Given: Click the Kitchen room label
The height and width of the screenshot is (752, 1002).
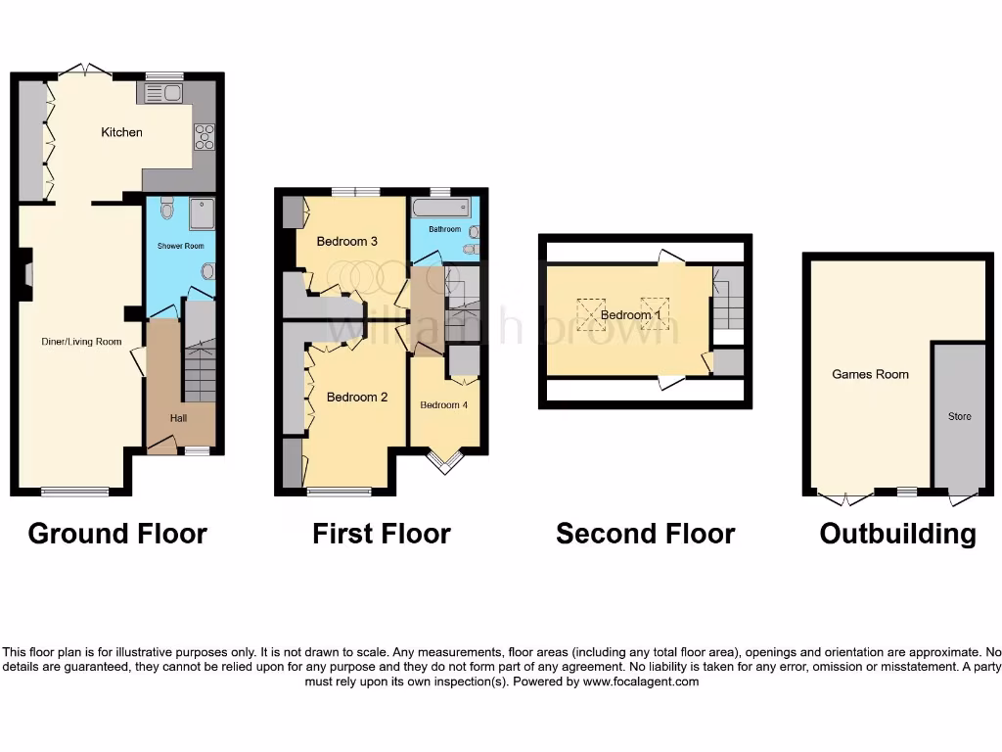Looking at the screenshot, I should click(x=121, y=132).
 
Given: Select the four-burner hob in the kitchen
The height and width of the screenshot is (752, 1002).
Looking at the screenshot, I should click(x=204, y=137).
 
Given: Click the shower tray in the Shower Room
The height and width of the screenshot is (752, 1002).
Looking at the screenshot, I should click(x=202, y=212).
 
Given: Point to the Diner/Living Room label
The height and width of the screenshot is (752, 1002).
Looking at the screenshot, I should click(x=81, y=342).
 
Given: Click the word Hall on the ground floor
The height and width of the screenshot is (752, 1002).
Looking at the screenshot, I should click(x=178, y=418).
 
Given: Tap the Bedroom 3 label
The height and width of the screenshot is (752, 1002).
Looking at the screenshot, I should click(x=346, y=241).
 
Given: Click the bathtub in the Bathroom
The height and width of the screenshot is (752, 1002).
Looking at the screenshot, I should click(x=439, y=208).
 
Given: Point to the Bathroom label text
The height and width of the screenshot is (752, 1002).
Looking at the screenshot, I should click(x=443, y=228).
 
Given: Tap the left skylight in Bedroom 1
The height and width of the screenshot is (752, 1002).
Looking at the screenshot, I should click(x=590, y=313).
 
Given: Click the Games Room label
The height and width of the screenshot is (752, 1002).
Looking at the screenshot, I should click(x=870, y=374).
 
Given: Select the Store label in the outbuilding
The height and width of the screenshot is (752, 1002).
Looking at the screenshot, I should click(x=959, y=416).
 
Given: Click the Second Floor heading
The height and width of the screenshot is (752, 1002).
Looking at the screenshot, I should click(x=645, y=534).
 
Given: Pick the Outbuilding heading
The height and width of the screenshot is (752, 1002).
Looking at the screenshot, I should click(x=897, y=534).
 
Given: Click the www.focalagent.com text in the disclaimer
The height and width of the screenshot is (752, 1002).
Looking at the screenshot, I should click(x=640, y=681).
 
